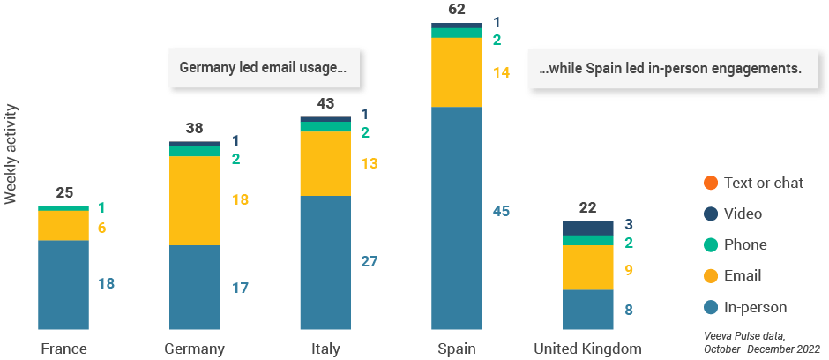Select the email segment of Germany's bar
click(194, 200)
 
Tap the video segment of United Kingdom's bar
click(587, 228)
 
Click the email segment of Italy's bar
click(325, 163)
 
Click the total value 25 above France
click(64, 192)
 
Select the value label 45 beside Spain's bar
click(501, 211)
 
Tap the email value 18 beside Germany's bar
click(240, 200)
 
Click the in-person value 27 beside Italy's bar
click(370, 261)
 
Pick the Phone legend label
click(745, 244)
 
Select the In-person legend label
click(755, 307)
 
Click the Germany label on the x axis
click(195, 349)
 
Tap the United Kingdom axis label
click(587, 349)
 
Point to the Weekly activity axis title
click(11, 154)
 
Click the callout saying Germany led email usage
click(264, 67)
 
